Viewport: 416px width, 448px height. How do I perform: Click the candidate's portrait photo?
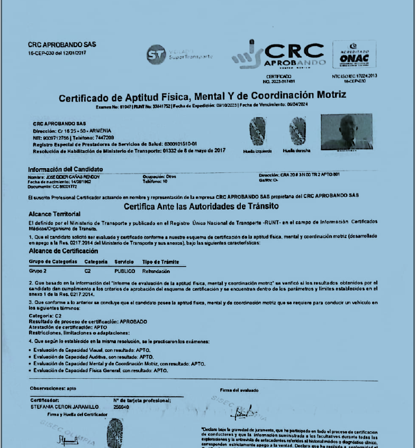pyautogui.click(x=346, y=131)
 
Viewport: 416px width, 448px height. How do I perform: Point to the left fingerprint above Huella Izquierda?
pyautogui.click(x=258, y=131)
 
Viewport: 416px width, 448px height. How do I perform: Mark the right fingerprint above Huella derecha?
pyautogui.click(x=297, y=131)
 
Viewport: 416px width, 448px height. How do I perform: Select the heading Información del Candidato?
pyautogui.click(x=65, y=169)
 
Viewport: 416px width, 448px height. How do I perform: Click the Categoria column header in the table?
pyautogui.click(x=96, y=262)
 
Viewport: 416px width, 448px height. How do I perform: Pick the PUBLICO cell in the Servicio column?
pyautogui.click(x=125, y=270)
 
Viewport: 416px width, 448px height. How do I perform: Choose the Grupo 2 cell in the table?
pyautogui.click(x=38, y=270)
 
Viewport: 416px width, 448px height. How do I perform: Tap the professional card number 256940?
pyautogui.click(x=121, y=407)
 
